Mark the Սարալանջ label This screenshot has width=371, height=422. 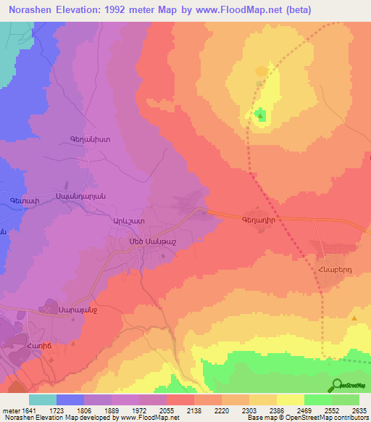79,310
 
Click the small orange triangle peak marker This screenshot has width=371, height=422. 354,318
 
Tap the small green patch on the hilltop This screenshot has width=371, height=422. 260,114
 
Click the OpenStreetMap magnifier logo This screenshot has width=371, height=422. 337,385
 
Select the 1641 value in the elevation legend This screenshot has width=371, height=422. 27,410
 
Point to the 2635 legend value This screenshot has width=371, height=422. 358,410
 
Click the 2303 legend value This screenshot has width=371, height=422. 248,410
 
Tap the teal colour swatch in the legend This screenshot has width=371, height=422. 43,400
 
